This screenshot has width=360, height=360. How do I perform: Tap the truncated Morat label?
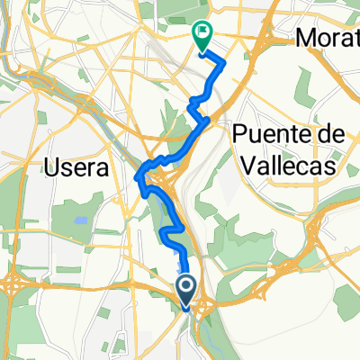point(329,38)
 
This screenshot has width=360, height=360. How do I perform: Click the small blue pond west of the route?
point(78,219)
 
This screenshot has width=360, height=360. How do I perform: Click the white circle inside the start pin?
point(186,287)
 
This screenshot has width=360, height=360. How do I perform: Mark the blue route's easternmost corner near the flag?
point(224,61)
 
